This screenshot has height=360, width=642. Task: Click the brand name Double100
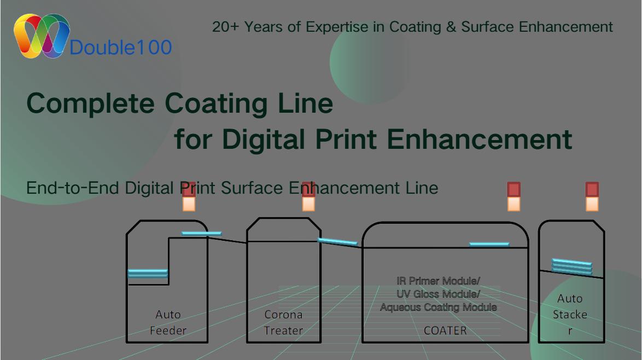[121, 48]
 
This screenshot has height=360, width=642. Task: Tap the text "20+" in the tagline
[225, 27]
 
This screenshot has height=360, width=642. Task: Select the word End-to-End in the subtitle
[73, 188]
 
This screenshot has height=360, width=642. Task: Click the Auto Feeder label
[168, 322]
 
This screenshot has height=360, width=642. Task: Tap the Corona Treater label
[283, 322]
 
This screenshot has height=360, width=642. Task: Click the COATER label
[445, 330]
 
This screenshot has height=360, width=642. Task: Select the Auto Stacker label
[570, 315]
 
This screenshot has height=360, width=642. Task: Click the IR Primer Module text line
[439, 281]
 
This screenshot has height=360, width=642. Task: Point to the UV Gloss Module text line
[439, 294]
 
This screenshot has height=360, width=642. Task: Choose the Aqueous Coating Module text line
[439, 307]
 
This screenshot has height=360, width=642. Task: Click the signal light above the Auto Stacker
[592, 196]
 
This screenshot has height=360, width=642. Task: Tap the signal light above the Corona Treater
[308, 197]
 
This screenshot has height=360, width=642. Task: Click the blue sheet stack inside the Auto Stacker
[572, 266]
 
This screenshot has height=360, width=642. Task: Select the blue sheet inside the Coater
[489, 244]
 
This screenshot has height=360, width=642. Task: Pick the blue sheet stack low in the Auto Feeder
[148, 273]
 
